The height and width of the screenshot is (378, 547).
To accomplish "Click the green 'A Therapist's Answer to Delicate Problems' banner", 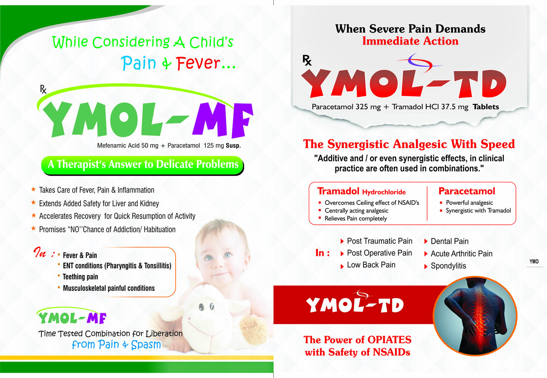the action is pos(142,165).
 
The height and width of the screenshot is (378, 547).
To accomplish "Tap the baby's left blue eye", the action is pos(209,258).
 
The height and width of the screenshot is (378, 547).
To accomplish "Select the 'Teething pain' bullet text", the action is pos(80,277).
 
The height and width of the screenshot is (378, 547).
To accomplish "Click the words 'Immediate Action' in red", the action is pos(410,41).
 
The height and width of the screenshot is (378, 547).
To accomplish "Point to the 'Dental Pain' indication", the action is pos(450,241).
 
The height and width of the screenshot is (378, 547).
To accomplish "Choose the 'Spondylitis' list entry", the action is pos(448,266).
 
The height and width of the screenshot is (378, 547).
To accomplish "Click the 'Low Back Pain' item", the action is pos(371,265).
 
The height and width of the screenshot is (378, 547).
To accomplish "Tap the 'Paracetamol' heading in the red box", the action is pos(467,191).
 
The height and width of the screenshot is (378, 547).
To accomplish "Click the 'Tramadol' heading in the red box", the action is pos(338,191).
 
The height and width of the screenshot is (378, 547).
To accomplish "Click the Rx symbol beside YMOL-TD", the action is pos(307,60).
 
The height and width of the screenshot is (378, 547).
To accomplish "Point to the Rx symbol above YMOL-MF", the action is pos(43,89).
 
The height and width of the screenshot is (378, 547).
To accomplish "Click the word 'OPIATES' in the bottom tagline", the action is pos(390,340).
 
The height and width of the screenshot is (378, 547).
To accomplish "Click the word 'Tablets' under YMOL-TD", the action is pos(486,107).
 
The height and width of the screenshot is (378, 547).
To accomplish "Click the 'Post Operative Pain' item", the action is pos(379,253).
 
